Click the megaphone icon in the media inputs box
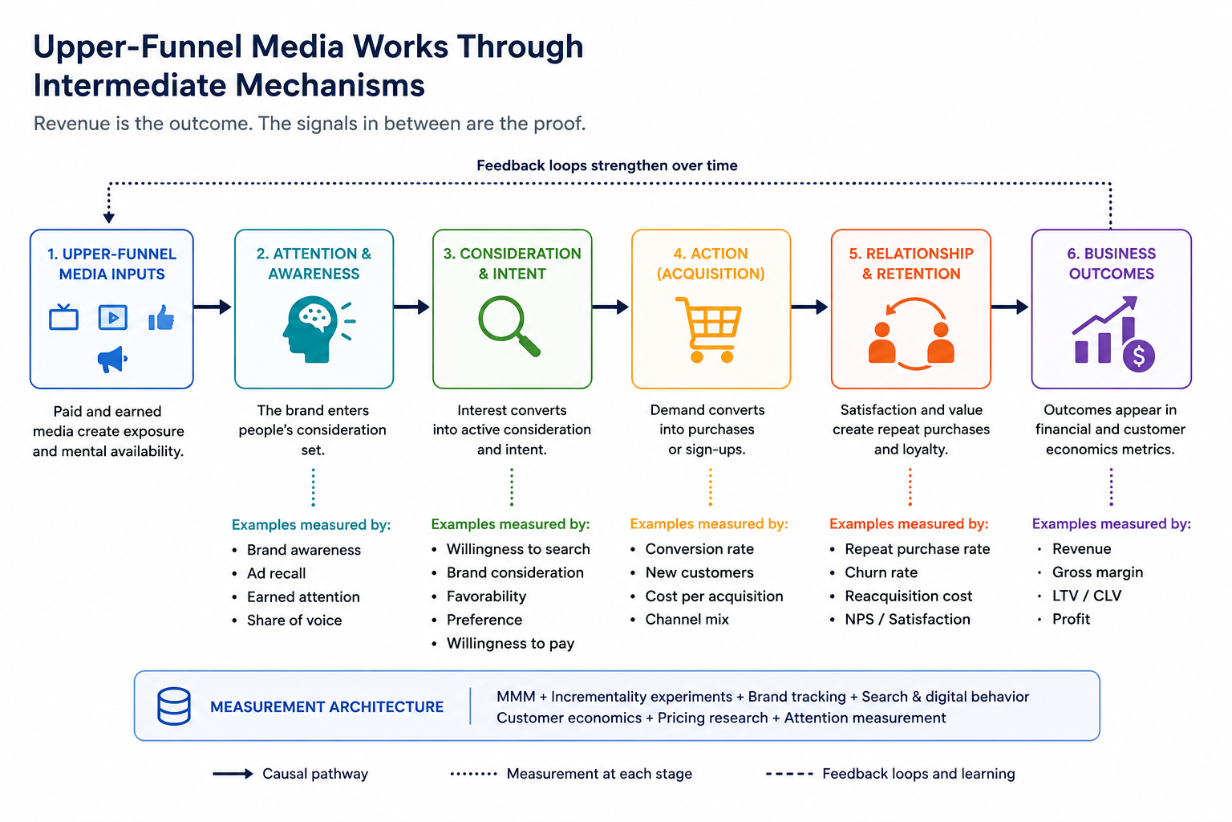(x=113, y=360)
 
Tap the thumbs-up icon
(x=161, y=318)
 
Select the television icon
(x=64, y=316)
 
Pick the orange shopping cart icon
(x=708, y=329)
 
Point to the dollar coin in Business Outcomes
(x=1138, y=356)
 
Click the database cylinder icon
(x=174, y=706)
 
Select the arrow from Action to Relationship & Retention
(x=809, y=307)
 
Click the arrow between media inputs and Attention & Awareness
(x=213, y=307)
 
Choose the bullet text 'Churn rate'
(x=881, y=572)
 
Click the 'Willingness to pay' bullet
(x=510, y=643)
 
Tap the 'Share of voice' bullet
(x=294, y=620)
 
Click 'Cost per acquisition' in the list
(x=714, y=596)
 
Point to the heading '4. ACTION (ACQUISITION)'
(x=711, y=264)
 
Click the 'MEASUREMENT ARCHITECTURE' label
(x=326, y=706)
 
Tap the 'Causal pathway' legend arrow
(x=233, y=774)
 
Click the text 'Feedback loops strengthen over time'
(x=606, y=165)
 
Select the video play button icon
(x=113, y=317)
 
